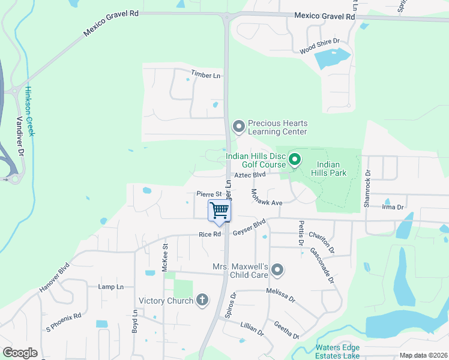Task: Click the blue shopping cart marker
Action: [x=220, y=211]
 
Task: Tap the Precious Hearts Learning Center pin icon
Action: [x=238, y=126]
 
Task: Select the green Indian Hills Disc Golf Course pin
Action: [x=294, y=160]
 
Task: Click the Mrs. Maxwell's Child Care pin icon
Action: [x=277, y=270]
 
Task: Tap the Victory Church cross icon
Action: [x=203, y=300]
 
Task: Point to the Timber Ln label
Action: [x=206, y=74]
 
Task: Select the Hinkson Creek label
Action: [x=29, y=110]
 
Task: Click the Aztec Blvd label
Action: [x=250, y=175]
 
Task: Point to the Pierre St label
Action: [x=209, y=194]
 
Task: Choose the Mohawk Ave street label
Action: [x=266, y=198]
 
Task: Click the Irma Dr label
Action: [x=391, y=207]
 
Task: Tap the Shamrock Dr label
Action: [x=367, y=188]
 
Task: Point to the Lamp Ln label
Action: [x=110, y=287]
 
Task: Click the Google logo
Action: [x=20, y=353]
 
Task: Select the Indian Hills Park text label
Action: [x=328, y=169]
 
